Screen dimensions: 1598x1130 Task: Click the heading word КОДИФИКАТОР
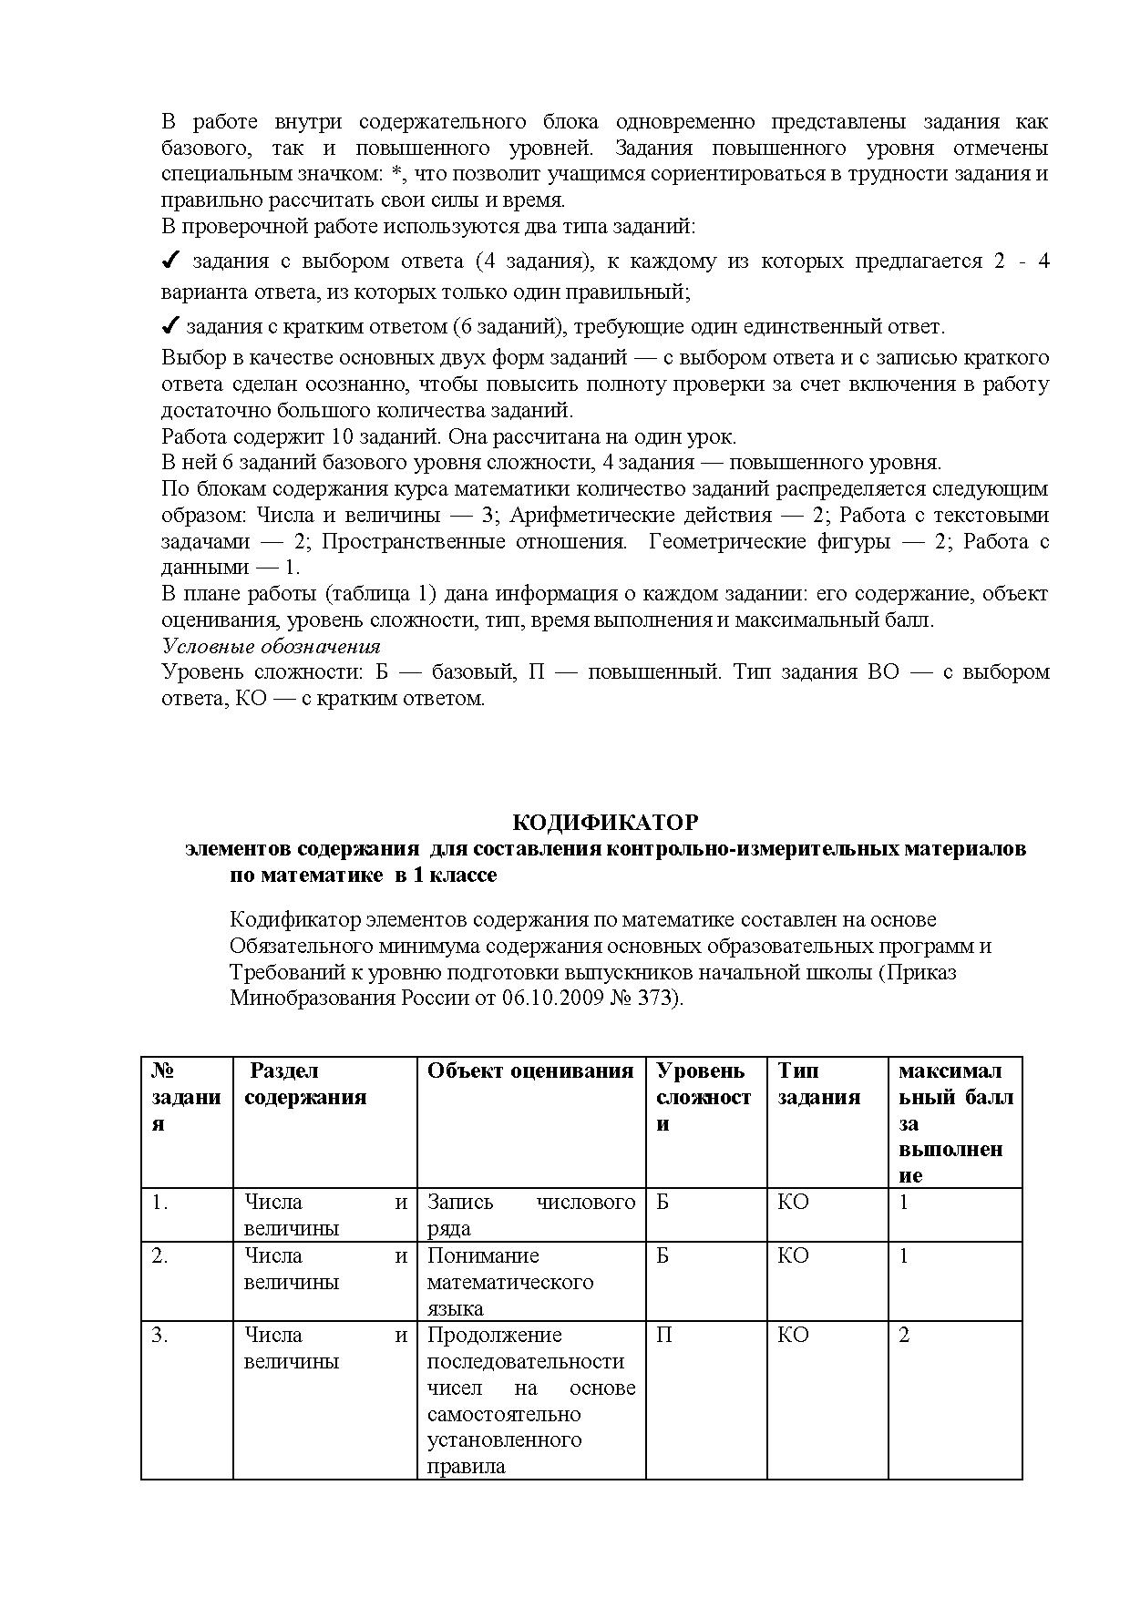tap(605, 823)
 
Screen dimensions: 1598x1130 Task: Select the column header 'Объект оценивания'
tap(530, 1071)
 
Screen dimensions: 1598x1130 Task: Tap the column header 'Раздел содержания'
tap(305, 1084)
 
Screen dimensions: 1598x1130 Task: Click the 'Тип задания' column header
tap(818, 1084)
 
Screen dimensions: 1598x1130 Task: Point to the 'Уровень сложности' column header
tap(703, 1097)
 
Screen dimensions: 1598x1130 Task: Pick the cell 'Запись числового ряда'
tap(530, 1214)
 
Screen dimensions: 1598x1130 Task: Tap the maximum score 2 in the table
tap(904, 1336)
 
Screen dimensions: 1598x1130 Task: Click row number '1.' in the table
tap(159, 1203)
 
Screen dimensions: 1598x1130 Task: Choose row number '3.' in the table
tap(159, 1336)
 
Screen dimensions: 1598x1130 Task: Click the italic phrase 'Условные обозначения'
tap(271, 647)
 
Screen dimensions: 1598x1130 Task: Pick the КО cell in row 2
tap(793, 1256)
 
